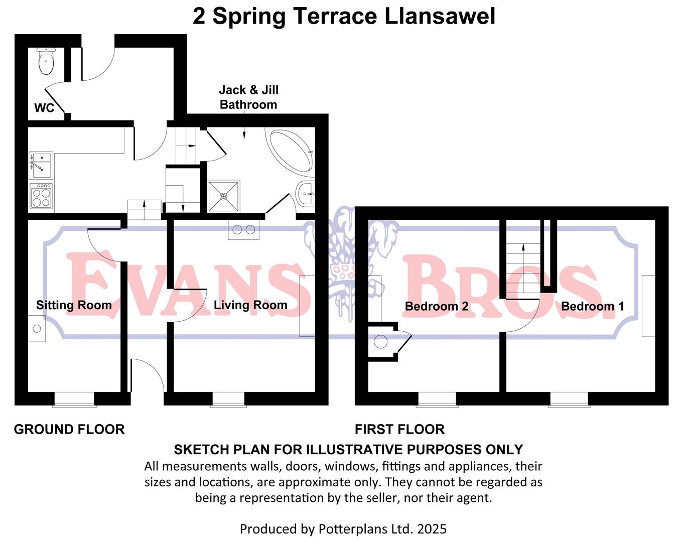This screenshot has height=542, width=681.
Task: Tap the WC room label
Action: (x=44, y=108)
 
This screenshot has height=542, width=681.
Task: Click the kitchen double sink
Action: (x=41, y=165)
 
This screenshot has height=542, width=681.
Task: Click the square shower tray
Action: (x=223, y=196)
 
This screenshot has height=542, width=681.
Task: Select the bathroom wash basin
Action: (x=306, y=193)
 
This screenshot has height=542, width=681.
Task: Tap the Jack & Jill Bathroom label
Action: (x=248, y=97)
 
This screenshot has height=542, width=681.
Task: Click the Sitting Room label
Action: (x=74, y=305)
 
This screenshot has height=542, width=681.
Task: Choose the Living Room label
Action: (x=250, y=305)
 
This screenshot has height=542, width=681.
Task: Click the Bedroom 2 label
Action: (x=437, y=306)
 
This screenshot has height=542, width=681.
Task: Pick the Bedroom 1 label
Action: (x=592, y=306)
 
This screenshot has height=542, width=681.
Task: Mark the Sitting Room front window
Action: (x=74, y=399)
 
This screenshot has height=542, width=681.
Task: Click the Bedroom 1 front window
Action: (x=569, y=399)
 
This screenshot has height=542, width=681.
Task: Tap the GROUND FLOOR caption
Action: (x=69, y=430)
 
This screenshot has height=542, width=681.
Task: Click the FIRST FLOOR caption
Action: (x=399, y=430)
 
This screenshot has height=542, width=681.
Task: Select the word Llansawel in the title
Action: (x=440, y=16)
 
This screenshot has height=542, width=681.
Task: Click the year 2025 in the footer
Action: (x=432, y=529)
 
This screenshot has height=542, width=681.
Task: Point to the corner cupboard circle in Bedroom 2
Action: (x=381, y=342)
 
